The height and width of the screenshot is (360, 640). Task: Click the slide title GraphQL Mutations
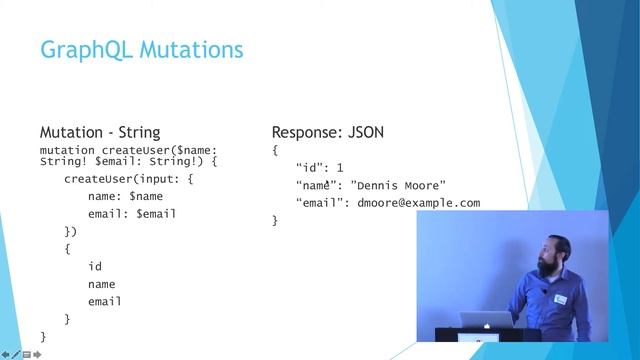141,49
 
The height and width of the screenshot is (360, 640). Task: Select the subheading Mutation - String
99,132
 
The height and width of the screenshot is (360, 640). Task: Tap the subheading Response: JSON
328,132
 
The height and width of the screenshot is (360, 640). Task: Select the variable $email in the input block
156,213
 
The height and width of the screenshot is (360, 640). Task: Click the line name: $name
125,196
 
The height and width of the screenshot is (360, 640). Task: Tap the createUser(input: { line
129,179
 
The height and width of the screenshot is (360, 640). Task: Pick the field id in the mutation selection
95,266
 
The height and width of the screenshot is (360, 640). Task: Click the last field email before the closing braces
105,301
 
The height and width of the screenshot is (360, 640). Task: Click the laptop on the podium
484,322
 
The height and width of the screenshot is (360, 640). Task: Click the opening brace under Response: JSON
275,150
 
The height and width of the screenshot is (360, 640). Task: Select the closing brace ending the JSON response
275,220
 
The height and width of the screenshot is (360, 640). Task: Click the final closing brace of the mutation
43,336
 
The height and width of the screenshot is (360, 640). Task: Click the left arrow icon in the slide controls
5,354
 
